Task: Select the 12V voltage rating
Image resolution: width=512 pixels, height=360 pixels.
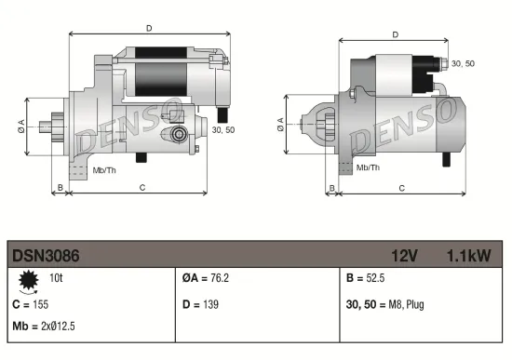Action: click(x=405, y=254)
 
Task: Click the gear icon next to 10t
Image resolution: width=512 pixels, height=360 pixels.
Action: click(x=28, y=279)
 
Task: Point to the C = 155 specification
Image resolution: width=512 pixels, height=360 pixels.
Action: click(x=30, y=304)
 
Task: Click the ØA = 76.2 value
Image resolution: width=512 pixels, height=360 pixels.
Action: click(x=205, y=278)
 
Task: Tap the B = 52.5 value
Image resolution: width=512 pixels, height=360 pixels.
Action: click(x=365, y=278)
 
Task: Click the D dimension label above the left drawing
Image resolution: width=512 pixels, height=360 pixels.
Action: click(x=149, y=28)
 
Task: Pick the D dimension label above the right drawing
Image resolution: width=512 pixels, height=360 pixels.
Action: click(x=396, y=35)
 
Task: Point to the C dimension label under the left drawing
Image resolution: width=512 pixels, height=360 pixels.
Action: click(x=141, y=187)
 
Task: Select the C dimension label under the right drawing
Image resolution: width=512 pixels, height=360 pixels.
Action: click(x=401, y=187)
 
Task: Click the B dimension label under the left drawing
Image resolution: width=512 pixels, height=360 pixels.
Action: click(x=61, y=187)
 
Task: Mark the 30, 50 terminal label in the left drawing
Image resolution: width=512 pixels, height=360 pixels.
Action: click(x=223, y=130)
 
